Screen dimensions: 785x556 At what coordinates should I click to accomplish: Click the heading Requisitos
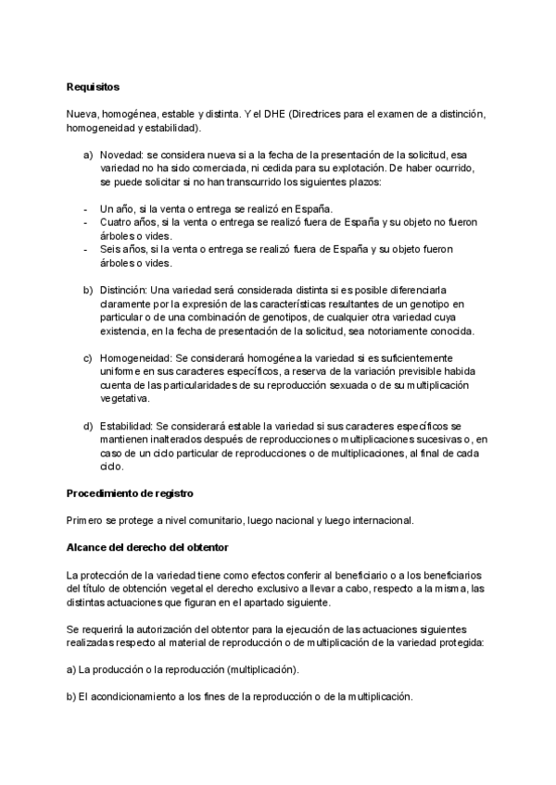coord(93,87)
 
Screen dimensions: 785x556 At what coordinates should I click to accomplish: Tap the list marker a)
coord(88,154)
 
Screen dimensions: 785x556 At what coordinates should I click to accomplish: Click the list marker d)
coord(88,426)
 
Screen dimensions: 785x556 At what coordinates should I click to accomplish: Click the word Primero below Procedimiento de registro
coord(86,518)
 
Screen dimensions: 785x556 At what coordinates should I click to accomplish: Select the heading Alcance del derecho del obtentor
coord(141,545)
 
